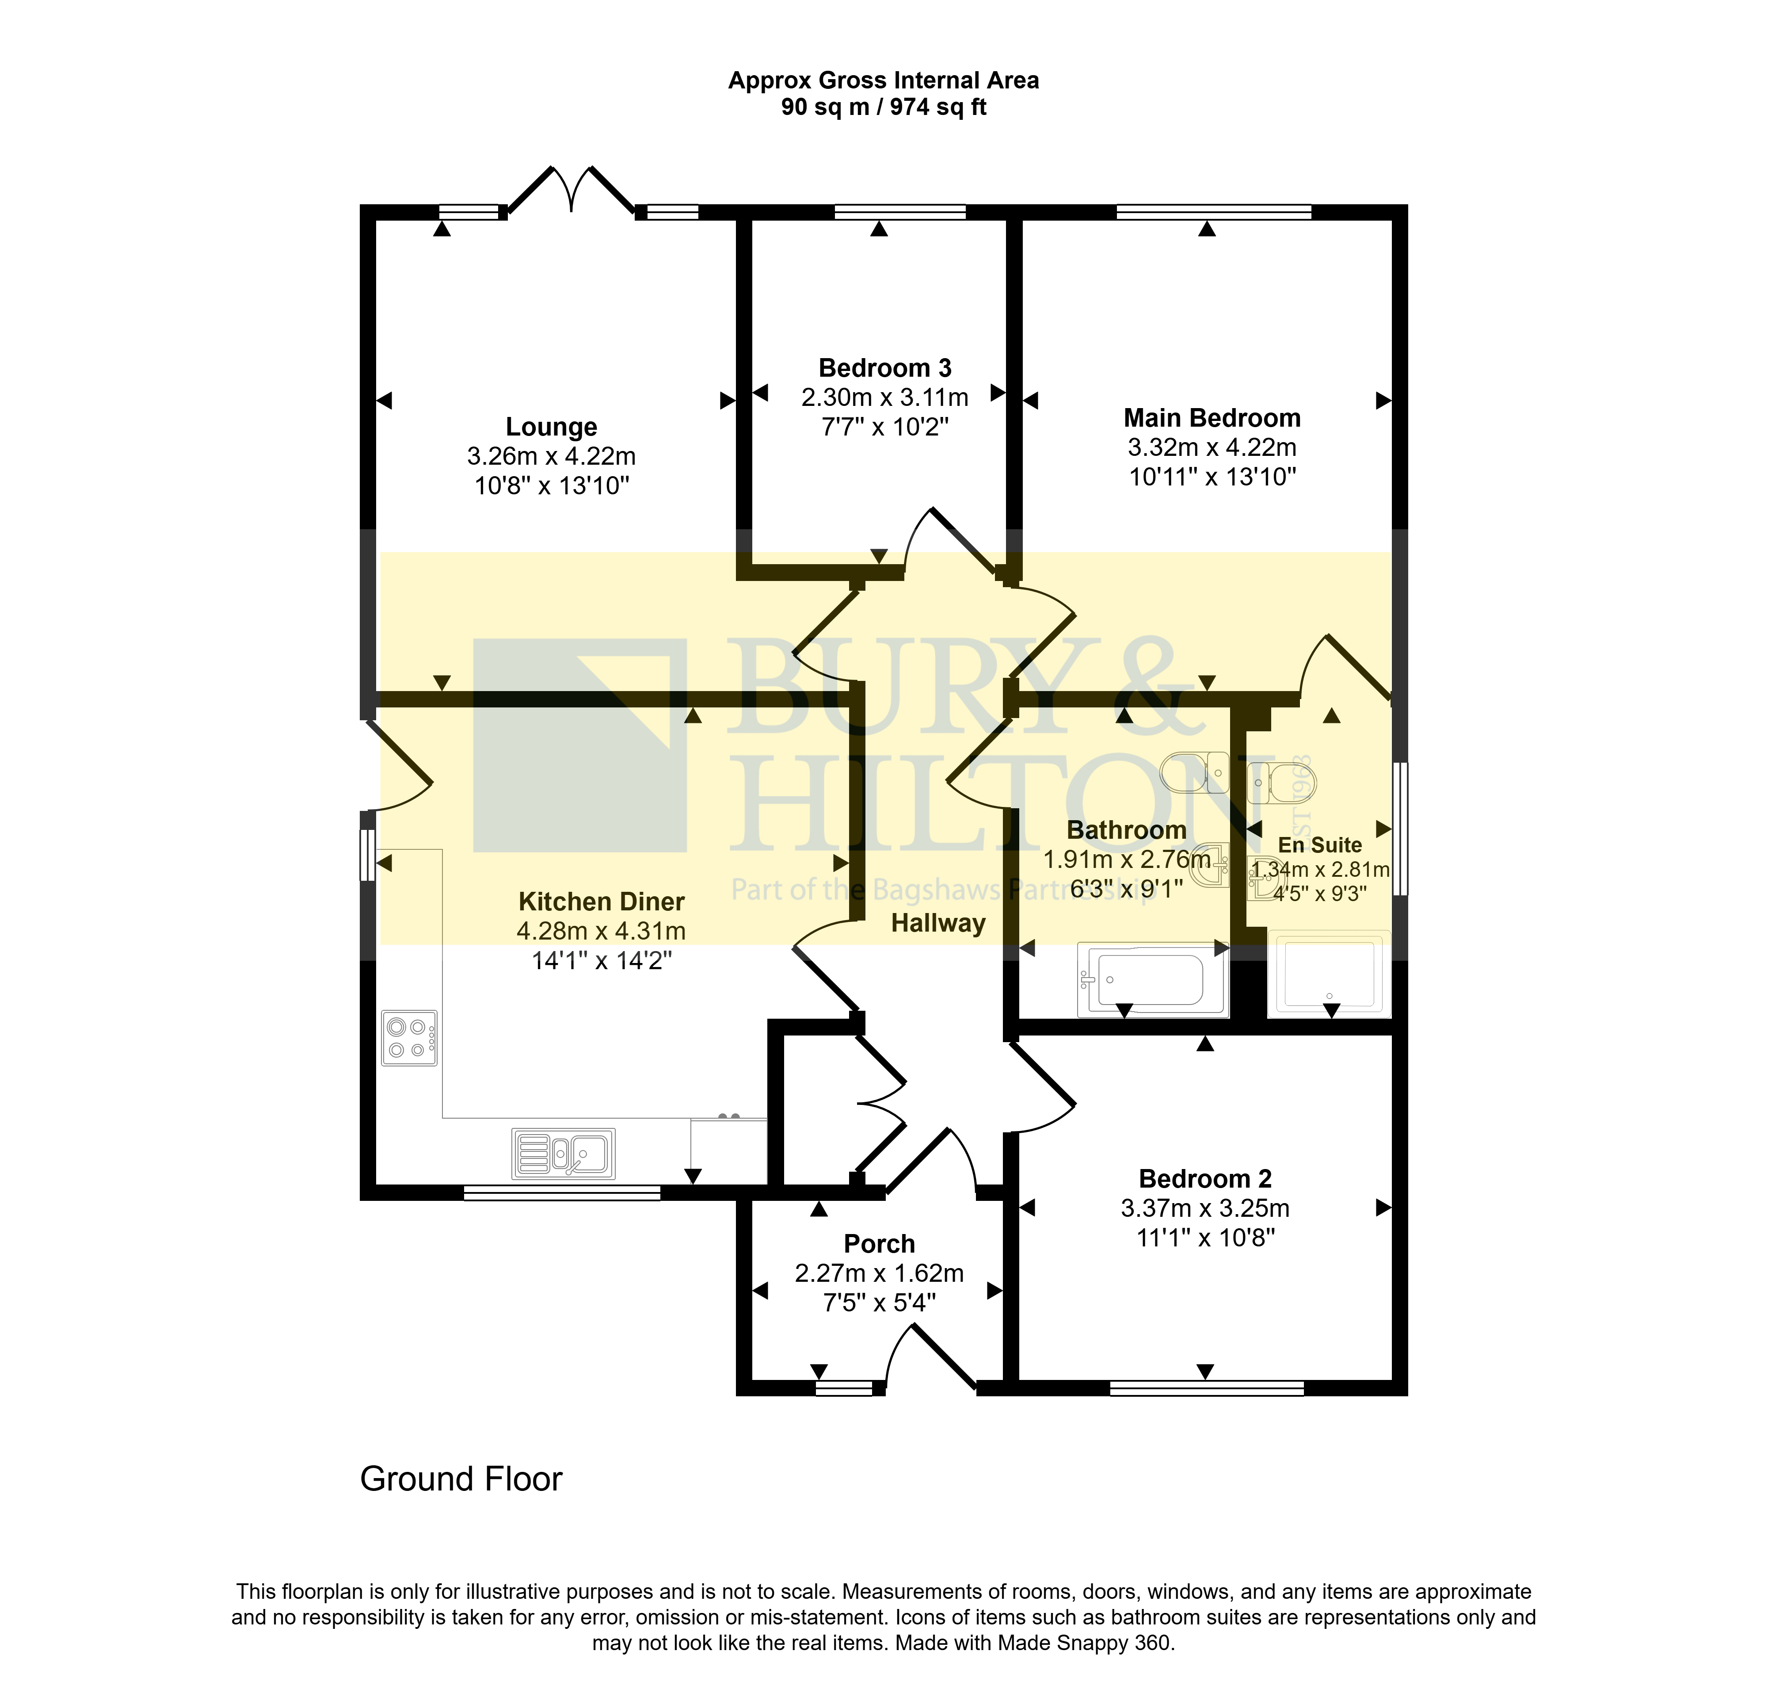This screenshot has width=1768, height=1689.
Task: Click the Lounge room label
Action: (x=551, y=427)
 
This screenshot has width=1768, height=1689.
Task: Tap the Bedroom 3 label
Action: (x=885, y=368)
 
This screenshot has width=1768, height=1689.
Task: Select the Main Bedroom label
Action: (x=1212, y=418)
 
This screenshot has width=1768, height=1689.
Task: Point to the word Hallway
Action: (x=938, y=924)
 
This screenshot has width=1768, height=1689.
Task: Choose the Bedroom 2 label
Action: (x=1205, y=1178)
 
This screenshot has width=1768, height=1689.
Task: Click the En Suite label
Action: (x=1320, y=845)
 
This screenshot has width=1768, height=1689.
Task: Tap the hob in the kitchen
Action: (x=410, y=1038)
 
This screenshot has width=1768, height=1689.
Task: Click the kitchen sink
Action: (x=564, y=1153)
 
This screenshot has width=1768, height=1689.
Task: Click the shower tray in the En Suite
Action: (x=1329, y=973)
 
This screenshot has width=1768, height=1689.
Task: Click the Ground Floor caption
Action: (x=461, y=1479)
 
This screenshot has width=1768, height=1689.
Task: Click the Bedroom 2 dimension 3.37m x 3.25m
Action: (x=1205, y=1208)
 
